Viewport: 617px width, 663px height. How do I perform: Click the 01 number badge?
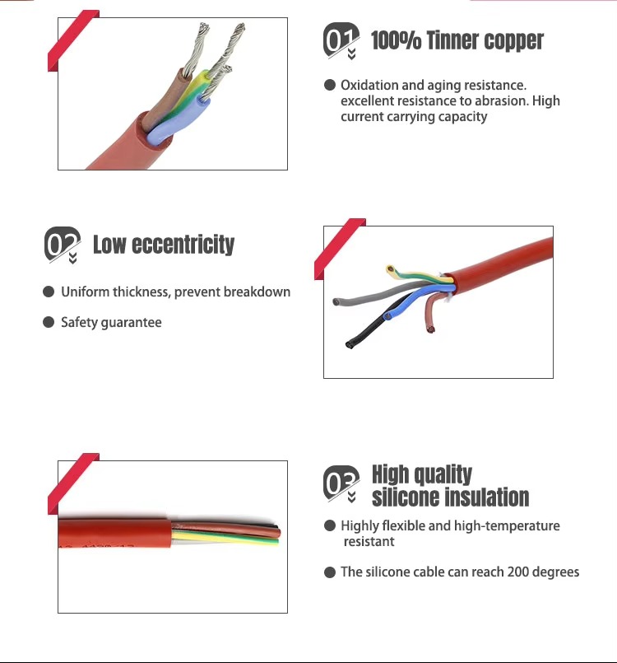(341, 40)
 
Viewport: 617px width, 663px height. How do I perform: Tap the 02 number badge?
(62, 244)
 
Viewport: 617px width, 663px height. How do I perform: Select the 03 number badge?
(341, 483)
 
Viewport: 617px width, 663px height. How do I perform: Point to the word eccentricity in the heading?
(183, 245)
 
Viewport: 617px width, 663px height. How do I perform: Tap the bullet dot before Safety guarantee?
(49, 322)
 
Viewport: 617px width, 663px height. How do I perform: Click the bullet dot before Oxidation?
(330, 85)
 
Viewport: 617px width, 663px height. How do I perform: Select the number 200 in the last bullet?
(517, 572)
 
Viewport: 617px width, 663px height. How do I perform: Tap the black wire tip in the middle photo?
(350, 344)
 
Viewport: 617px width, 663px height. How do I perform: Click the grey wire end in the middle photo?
(336, 302)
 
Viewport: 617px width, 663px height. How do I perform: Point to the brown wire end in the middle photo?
(430, 329)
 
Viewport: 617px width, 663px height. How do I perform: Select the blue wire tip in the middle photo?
(387, 316)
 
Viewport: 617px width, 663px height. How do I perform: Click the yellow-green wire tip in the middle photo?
(390, 268)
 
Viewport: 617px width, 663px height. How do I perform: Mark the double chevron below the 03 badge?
(351, 497)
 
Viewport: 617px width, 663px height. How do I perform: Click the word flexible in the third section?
(404, 525)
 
